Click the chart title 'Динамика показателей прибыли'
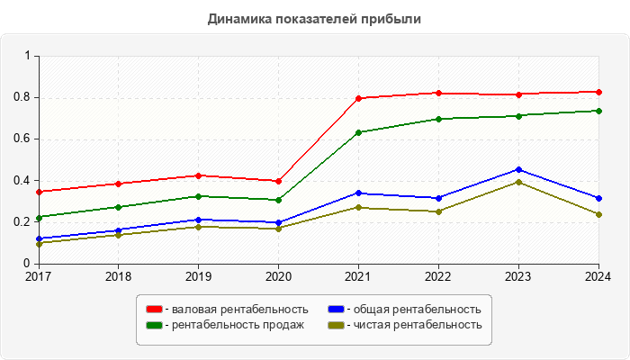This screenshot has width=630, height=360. pos(314,18)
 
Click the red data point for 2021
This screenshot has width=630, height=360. pos(358,98)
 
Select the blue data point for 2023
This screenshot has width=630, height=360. pos(518,169)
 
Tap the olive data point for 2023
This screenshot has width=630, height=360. pos(518,182)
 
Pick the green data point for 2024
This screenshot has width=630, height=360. pos(598,111)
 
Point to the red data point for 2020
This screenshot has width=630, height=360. pos(278,181)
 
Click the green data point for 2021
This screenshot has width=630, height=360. pos(358,132)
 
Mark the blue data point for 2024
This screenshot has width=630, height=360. pos(598,198)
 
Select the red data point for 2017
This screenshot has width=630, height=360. pos(39,192)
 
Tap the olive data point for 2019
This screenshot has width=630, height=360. pos(198,227)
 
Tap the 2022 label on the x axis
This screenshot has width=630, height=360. pos(438,275)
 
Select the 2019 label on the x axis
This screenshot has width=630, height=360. pos(198,275)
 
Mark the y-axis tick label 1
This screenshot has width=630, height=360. pos(28,56)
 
